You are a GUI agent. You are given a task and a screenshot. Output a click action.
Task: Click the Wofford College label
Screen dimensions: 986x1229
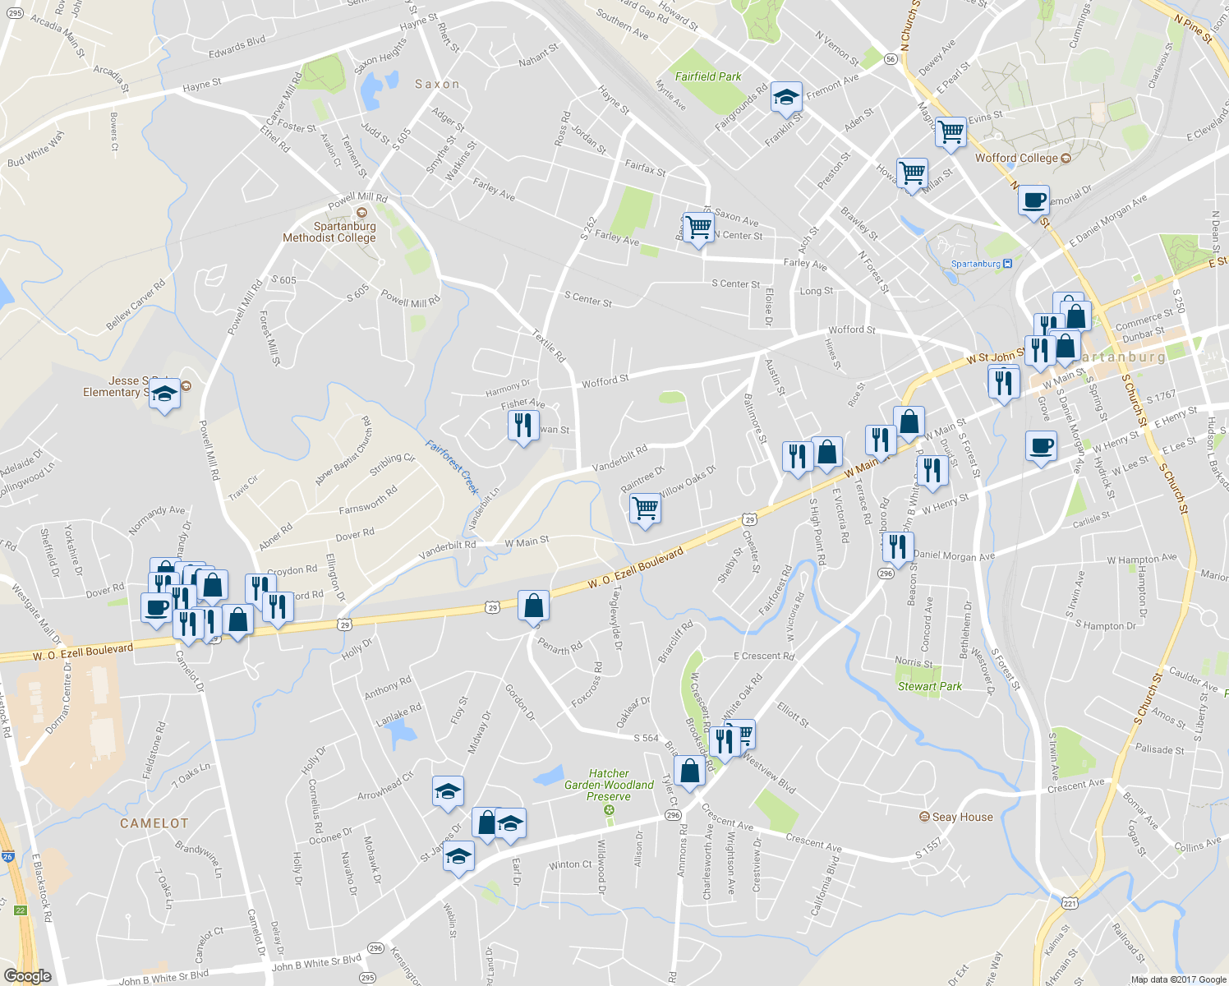[x=1016, y=158]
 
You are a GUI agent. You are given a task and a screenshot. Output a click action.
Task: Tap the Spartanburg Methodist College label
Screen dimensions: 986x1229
[x=329, y=232]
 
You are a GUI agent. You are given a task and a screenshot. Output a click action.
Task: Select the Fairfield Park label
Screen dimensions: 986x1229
[x=708, y=76]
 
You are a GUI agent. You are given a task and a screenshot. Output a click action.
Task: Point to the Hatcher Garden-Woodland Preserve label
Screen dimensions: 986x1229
[x=609, y=785]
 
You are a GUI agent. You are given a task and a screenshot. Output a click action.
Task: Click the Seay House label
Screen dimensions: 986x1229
[x=962, y=817]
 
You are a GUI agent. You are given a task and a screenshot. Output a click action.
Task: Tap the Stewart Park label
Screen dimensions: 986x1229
[x=929, y=686]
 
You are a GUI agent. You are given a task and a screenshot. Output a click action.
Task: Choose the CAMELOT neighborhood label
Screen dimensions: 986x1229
[x=154, y=822]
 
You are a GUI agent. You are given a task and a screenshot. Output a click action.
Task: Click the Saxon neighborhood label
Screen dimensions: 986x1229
[x=437, y=84]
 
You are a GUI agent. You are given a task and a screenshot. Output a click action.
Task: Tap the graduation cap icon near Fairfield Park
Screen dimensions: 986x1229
[x=786, y=98]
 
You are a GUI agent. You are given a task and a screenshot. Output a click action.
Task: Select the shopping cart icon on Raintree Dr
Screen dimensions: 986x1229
[x=646, y=509]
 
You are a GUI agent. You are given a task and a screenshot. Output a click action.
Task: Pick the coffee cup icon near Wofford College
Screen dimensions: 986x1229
[x=1033, y=200]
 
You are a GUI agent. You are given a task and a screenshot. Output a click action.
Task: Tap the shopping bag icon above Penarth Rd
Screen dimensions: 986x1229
[x=533, y=606]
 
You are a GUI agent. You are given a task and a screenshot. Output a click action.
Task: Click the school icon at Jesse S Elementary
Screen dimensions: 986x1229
[x=164, y=394]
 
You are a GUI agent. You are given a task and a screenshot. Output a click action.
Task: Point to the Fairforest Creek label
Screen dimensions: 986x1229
[x=452, y=467]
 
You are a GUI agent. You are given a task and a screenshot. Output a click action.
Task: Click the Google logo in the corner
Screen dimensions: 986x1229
[x=27, y=976]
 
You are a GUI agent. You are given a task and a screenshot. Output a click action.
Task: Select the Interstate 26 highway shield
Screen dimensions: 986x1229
[x=7, y=857]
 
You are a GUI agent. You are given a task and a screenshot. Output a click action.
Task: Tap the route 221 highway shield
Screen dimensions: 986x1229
[x=1070, y=903]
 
